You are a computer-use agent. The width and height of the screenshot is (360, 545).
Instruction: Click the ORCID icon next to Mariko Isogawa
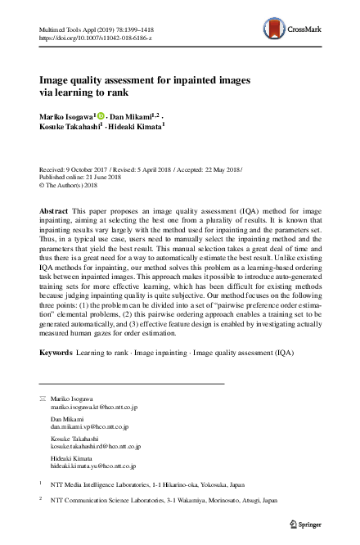tap(102, 117)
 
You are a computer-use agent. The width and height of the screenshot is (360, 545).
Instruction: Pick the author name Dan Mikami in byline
tap(134, 117)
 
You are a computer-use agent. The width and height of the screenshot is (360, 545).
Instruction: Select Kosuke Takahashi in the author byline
tap(69, 128)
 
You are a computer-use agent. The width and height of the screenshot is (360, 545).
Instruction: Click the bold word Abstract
tap(54, 211)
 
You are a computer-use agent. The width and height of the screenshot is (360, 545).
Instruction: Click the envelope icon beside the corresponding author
tap(43, 398)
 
